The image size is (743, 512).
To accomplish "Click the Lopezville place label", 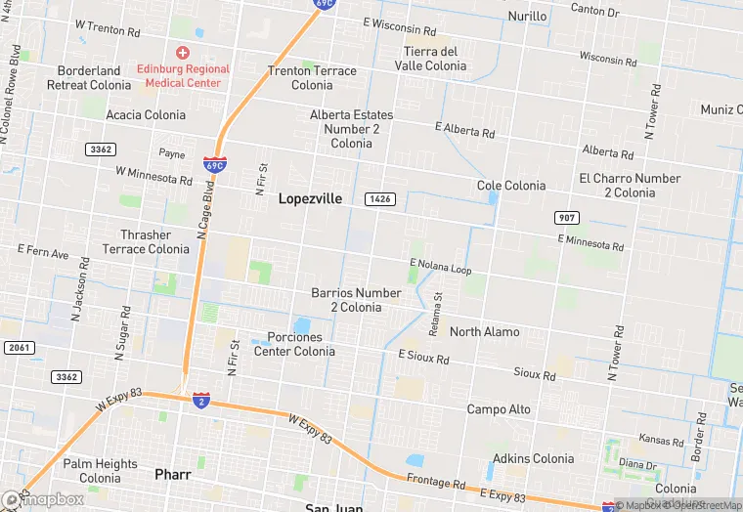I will click(x=310, y=198).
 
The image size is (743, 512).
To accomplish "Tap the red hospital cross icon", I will click(x=182, y=52).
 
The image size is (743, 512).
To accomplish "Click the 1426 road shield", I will click(x=380, y=199).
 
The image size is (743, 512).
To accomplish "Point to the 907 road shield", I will click(x=566, y=216).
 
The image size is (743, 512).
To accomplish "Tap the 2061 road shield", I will click(x=18, y=348).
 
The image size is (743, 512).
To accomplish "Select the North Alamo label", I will click(x=484, y=332).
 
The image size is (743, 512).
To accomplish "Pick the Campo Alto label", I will click(x=499, y=409).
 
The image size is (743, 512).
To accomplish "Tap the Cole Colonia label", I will click(x=511, y=186).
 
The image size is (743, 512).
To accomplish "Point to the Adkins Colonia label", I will click(x=533, y=458).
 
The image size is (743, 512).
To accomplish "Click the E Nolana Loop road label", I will click(x=440, y=267).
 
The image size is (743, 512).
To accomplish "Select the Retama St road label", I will click(x=438, y=310).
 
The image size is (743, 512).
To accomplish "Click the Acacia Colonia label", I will click(x=145, y=115).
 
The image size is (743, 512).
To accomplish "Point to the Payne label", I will click(x=171, y=153).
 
